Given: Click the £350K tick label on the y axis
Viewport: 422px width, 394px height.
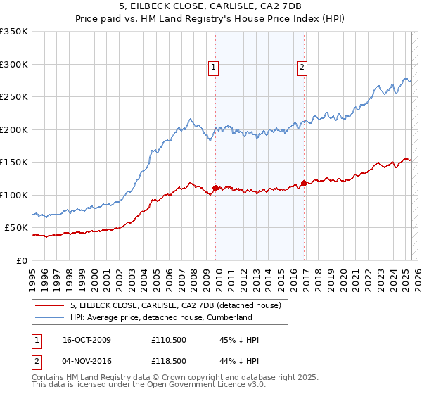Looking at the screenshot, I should (14, 32).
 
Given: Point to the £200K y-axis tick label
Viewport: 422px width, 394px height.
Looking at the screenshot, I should (14, 129).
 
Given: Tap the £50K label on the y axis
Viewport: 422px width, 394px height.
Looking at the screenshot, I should (17, 228).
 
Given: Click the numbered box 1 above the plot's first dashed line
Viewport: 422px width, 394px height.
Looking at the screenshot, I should (213, 68).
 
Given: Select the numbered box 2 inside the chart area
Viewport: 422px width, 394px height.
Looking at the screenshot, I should (301, 68).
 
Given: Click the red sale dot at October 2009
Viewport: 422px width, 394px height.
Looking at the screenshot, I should (215, 188).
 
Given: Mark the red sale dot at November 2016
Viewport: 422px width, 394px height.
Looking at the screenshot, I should (304, 183).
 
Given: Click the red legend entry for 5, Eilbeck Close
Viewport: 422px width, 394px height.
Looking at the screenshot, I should (175, 305).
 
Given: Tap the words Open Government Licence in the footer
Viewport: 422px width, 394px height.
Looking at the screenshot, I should (212, 386).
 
